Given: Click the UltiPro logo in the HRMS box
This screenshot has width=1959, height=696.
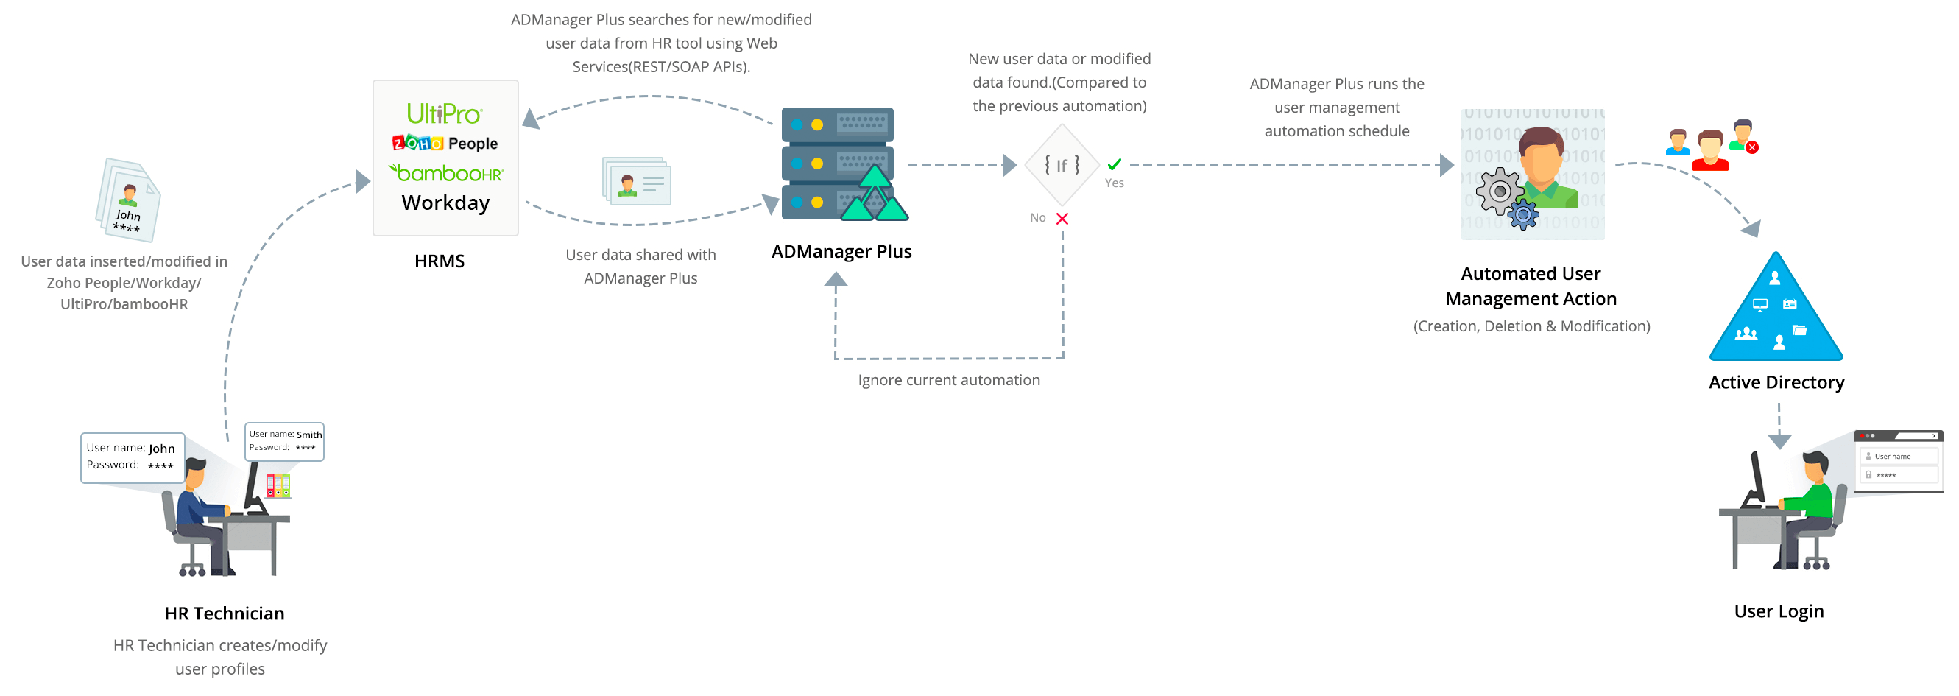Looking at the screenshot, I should pyautogui.click(x=444, y=114).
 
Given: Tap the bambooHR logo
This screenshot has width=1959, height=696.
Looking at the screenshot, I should pyautogui.click(x=445, y=173).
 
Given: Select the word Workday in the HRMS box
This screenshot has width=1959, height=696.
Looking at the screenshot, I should pyautogui.click(x=445, y=203).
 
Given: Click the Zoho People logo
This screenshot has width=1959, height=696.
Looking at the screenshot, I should pyautogui.click(x=445, y=143).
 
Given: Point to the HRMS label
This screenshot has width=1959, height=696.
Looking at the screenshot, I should pyautogui.click(x=440, y=261).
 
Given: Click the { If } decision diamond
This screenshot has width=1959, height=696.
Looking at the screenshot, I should pyautogui.click(x=1062, y=165).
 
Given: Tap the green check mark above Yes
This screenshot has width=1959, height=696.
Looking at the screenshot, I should pyautogui.click(x=1114, y=164).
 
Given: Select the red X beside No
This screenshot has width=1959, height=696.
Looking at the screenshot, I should pyautogui.click(x=1062, y=219).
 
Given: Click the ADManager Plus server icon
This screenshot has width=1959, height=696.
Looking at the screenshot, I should pyautogui.click(x=840, y=164).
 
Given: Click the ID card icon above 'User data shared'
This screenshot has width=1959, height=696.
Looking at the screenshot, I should pyautogui.click(x=637, y=181).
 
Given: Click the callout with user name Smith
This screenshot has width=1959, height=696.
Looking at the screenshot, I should pyautogui.click(x=284, y=441).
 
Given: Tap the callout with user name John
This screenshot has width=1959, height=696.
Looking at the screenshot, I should pyautogui.click(x=132, y=457).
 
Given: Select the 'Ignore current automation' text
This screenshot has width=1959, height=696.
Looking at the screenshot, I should pyautogui.click(x=948, y=380).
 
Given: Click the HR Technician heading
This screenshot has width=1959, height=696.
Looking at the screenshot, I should pyautogui.click(x=225, y=613).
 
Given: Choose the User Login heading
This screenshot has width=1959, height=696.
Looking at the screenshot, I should pyautogui.click(x=1778, y=611).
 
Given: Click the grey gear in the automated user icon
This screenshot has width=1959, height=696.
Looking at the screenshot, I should pyautogui.click(x=1499, y=191).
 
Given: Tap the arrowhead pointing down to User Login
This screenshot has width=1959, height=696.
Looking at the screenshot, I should pyautogui.click(x=1779, y=441).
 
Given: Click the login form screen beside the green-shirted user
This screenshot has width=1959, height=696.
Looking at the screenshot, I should pyautogui.click(x=1898, y=461).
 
